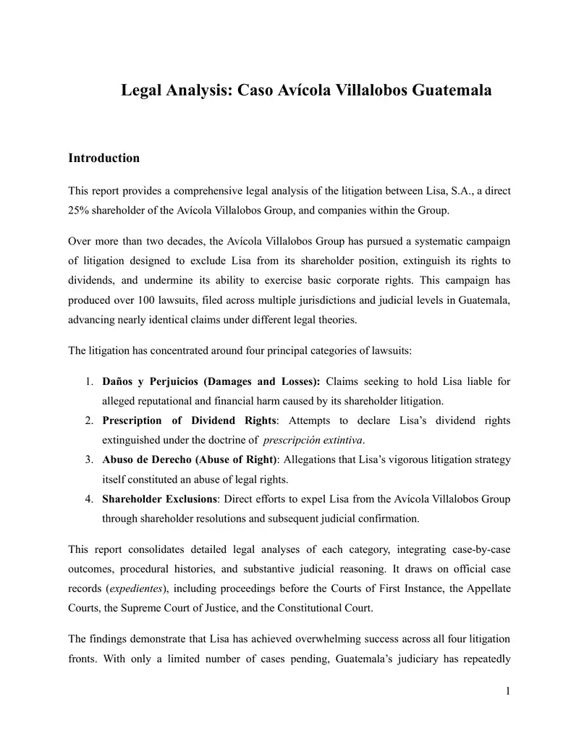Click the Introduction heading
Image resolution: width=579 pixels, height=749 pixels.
coord(103,158)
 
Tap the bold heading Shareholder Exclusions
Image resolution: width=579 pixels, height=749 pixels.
coord(159,499)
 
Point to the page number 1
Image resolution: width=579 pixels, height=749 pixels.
coord(508,692)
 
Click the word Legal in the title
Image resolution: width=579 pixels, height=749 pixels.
coord(143,91)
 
